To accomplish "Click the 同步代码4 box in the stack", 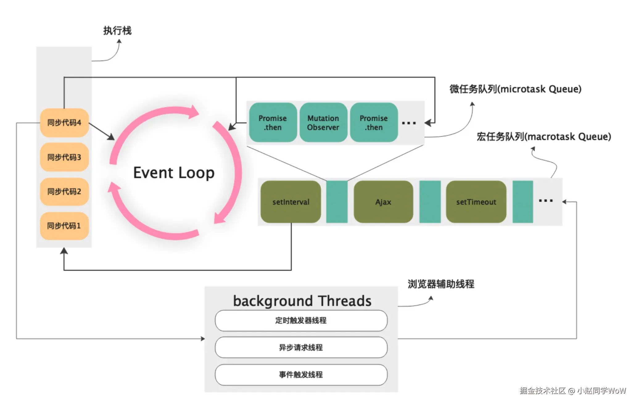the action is pyautogui.click(x=64, y=123).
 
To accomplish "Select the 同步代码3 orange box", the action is pyautogui.click(x=64, y=157).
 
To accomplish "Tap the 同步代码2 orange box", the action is pyautogui.click(x=64, y=192).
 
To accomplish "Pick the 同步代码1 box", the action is pyautogui.click(x=64, y=226).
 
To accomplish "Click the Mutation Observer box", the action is pyautogui.click(x=323, y=123).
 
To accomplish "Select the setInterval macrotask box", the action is pyautogui.click(x=291, y=202).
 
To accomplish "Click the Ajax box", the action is pyautogui.click(x=383, y=202).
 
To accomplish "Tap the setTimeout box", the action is pyautogui.click(x=476, y=202).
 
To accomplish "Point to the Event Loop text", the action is pyautogui.click(x=174, y=173).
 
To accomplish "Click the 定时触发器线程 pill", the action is pyautogui.click(x=301, y=321).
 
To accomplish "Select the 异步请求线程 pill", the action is pyautogui.click(x=301, y=348).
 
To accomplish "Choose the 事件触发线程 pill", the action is pyautogui.click(x=301, y=375).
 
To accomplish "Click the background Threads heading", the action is pyautogui.click(x=302, y=301).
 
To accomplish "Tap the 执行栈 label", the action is pyautogui.click(x=118, y=31).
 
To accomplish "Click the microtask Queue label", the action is pyautogui.click(x=515, y=89).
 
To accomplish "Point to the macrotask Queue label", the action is pyautogui.click(x=544, y=136).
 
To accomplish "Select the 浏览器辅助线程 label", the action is pyautogui.click(x=441, y=284).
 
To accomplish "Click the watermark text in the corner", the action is pyautogui.click(x=573, y=390).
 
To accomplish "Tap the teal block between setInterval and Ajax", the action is pyautogui.click(x=337, y=202).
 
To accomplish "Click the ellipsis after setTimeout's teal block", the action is pyautogui.click(x=546, y=201).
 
